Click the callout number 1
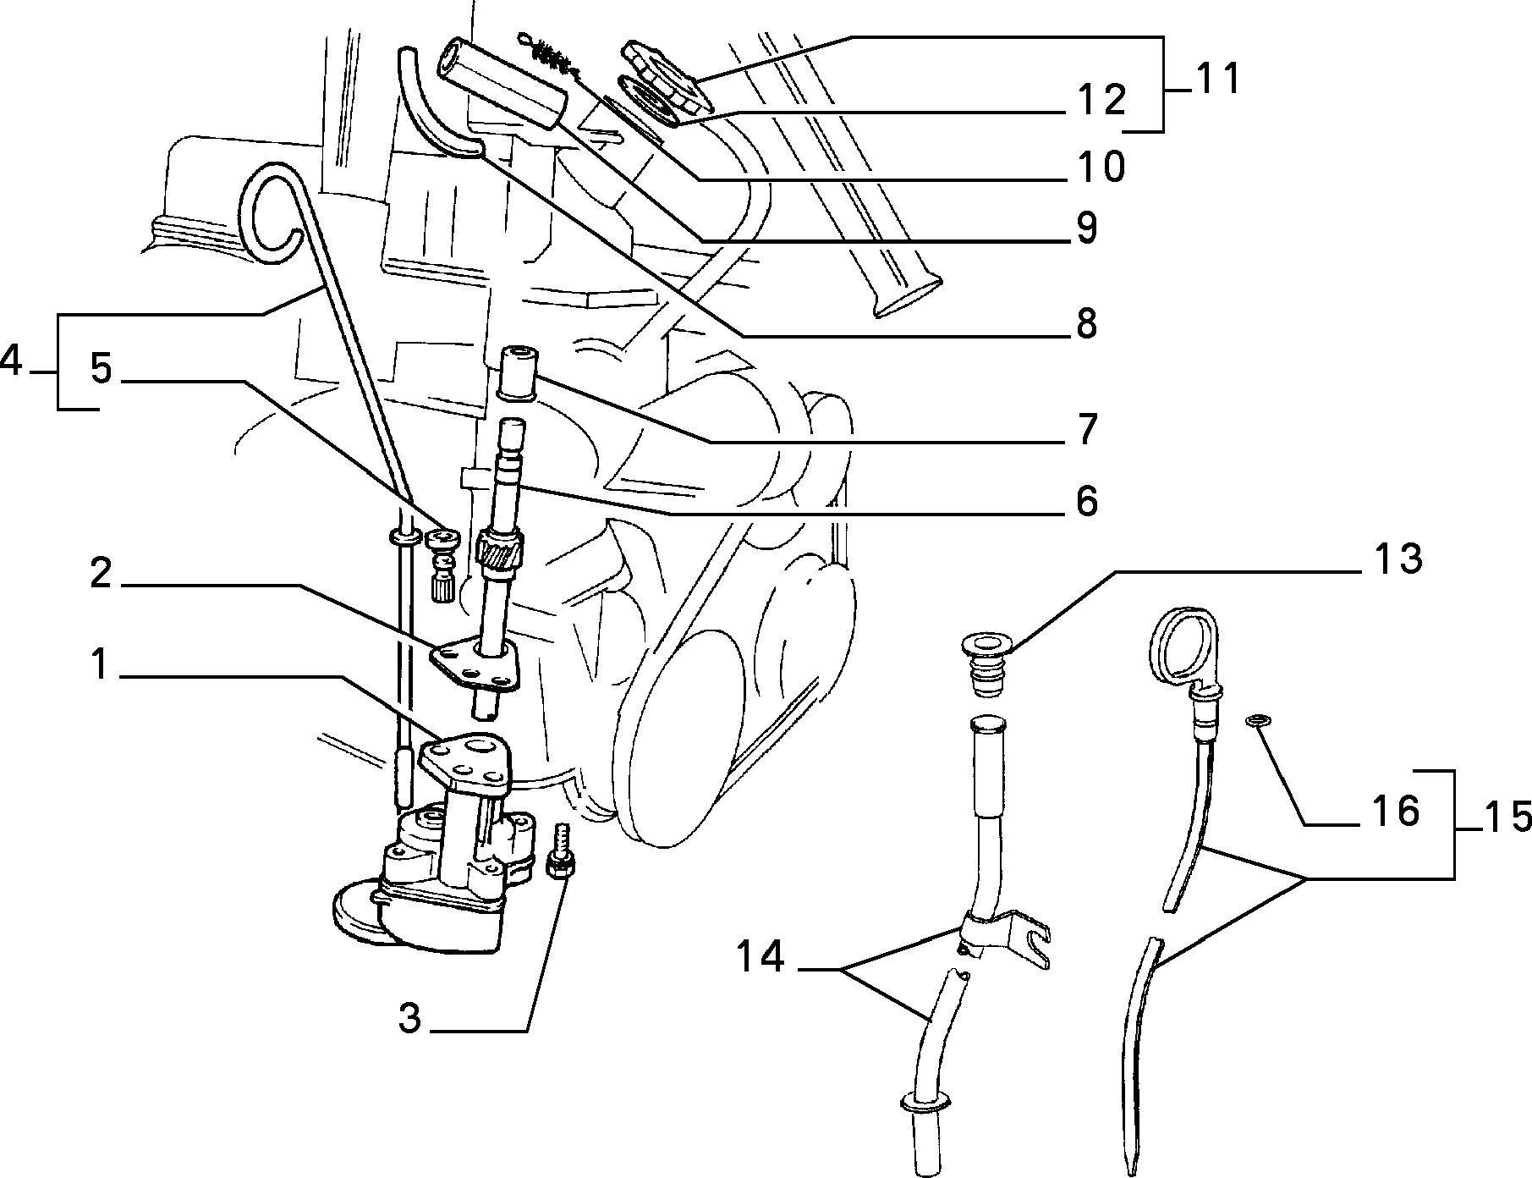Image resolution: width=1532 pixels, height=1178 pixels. pyautogui.click(x=101, y=665)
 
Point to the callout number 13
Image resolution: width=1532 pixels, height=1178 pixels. pyautogui.click(x=1397, y=559)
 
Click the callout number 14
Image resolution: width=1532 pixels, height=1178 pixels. pyautogui.click(x=760, y=958)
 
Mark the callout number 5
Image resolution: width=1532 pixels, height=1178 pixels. pyautogui.click(x=101, y=369)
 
